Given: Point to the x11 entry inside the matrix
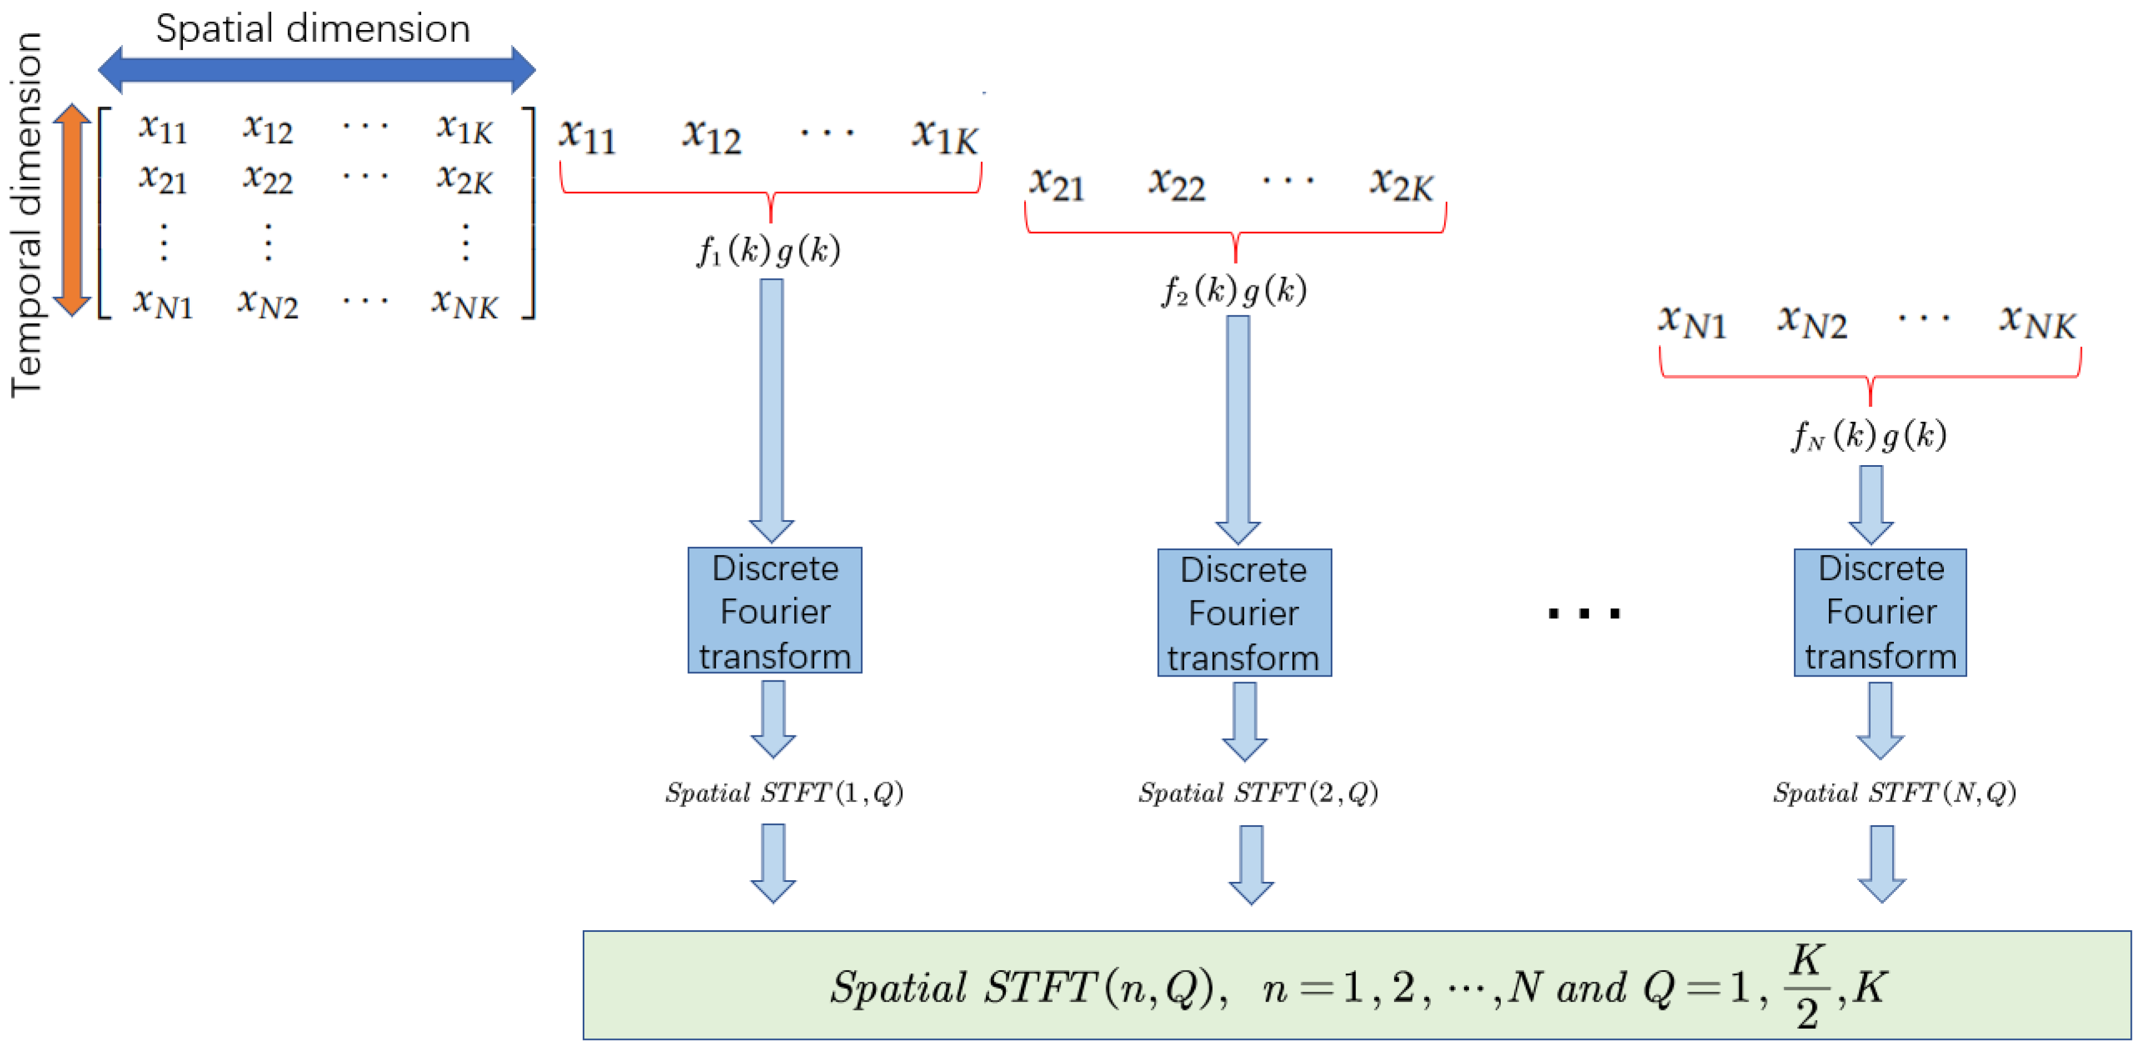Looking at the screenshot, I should (162, 127).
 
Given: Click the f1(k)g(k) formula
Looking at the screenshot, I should (769, 250).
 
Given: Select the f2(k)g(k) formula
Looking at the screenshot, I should (1235, 290).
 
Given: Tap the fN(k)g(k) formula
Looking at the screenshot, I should (1869, 435).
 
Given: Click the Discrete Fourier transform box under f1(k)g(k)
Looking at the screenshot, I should (775, 610).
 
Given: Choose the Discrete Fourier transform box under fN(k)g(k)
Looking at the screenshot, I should (1881, 612).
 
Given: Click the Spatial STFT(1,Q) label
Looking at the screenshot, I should (784, 792).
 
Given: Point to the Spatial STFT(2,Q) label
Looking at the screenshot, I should (1258, 792).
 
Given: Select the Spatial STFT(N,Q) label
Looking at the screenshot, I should (1894, 792).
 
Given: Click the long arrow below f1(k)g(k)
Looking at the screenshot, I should (771, 409).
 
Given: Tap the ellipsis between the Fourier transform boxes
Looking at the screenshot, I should (1584, 614).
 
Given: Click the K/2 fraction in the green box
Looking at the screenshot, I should (1805, 987).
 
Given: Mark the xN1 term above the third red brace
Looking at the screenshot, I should (1692, 321).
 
